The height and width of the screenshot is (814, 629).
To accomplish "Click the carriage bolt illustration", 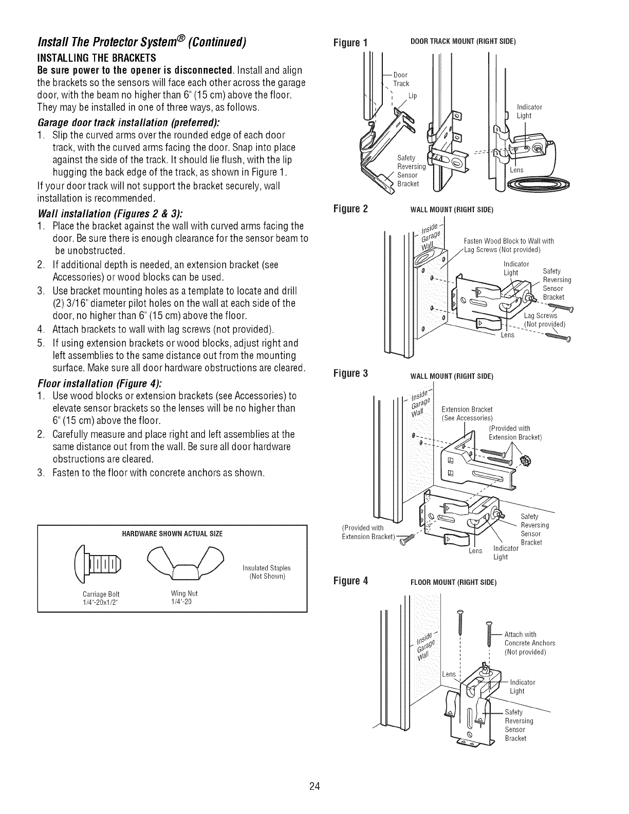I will click(100, 559).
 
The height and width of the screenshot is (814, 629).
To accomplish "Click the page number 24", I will click(314, 786).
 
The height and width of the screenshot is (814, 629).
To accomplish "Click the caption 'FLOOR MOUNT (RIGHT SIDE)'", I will click(452, 583).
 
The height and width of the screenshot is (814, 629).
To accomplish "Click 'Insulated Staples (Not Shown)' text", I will click(266, 571).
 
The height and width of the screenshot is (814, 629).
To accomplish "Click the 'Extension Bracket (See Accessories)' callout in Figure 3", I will click(467, 414).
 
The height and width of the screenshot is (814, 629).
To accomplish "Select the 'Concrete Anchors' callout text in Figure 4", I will click(529, 643).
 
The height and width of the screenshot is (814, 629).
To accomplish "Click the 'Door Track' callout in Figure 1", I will click(401, 80).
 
